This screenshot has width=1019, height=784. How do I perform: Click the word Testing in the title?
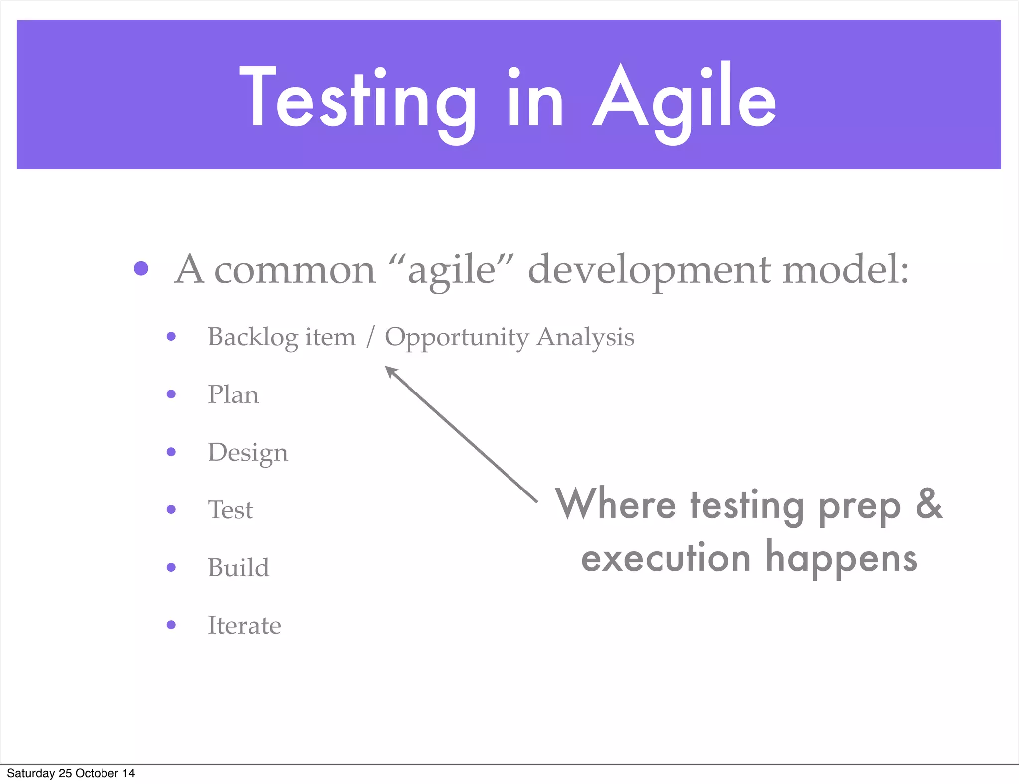(357, 99)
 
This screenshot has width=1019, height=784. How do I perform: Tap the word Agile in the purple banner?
(684, 99)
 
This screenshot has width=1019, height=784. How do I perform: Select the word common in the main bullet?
(295, 270)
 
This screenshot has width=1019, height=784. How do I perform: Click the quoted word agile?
(451, 270)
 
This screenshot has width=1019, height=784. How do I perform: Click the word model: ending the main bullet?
(845, 270)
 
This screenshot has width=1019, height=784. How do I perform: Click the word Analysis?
(586, 337)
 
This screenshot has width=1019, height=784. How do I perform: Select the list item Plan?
(233, 394)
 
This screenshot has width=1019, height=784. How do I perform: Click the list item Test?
(230, 510)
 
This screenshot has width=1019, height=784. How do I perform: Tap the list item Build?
(238, 568)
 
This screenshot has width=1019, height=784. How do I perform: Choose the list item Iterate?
(244, 625)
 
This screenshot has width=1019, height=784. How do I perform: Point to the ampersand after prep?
(928, 503)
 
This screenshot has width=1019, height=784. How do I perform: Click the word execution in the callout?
(666, 558)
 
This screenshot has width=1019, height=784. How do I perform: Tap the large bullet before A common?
(141, 269)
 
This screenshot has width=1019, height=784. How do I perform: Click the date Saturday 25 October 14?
(71, 773)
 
